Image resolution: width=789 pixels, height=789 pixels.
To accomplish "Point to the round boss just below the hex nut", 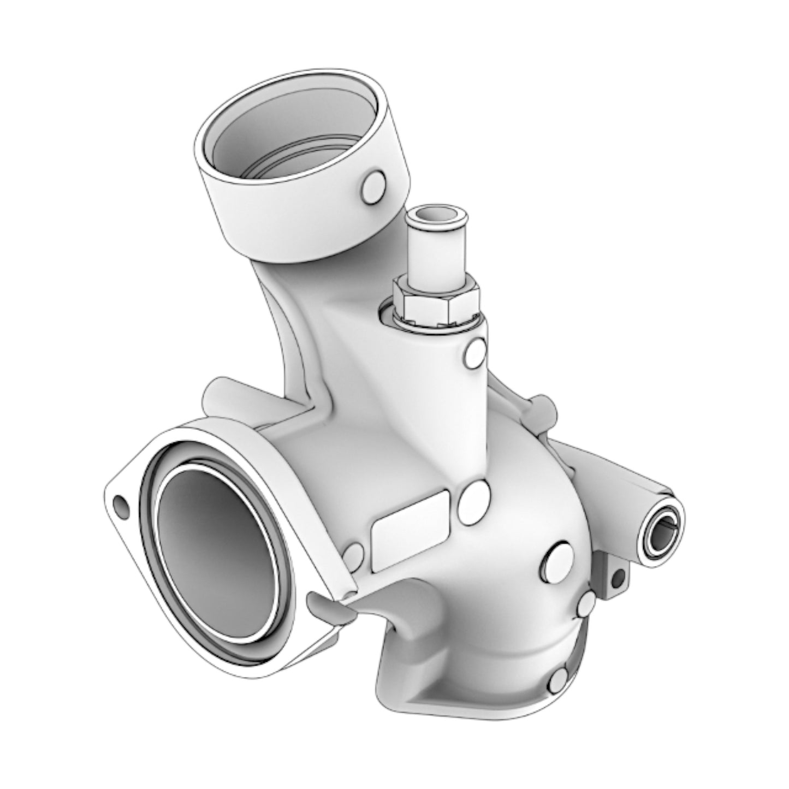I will [x=473, y=353].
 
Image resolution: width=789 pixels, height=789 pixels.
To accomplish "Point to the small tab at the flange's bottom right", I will [x=328, y=606].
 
